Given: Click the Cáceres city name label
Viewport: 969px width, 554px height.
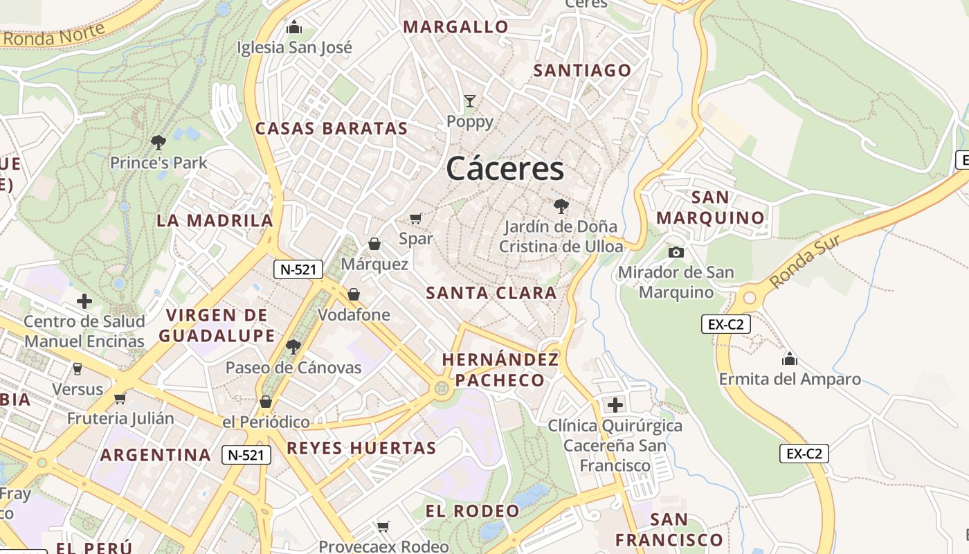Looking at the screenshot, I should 505,168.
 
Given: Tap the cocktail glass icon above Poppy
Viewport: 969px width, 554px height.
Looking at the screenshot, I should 470,101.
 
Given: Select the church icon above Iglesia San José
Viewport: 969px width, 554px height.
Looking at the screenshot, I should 294,27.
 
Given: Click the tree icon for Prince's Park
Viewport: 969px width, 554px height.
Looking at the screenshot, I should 159,143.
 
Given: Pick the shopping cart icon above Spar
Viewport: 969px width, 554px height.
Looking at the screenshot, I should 415,219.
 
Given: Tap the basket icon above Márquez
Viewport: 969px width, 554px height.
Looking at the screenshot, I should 374,244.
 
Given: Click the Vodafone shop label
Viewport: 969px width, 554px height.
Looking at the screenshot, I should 354,315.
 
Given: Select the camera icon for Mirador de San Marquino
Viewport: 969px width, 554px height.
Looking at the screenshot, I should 676,252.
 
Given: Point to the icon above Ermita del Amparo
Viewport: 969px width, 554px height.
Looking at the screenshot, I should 790,359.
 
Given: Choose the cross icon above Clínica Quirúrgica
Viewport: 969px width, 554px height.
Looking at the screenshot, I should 615,405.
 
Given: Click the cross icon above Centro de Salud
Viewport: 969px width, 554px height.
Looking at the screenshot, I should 84,301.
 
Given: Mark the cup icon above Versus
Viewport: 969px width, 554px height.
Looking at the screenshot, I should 78,369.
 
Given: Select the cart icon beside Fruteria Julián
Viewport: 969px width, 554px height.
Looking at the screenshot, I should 120,398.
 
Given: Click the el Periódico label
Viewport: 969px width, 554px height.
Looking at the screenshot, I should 266,422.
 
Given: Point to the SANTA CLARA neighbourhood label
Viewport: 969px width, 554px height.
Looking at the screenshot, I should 491,293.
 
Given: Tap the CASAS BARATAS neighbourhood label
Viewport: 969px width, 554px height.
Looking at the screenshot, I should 332,128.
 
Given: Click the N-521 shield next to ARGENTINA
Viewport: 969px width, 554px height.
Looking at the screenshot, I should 246,455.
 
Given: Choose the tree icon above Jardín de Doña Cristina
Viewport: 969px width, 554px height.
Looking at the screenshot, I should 561,206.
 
